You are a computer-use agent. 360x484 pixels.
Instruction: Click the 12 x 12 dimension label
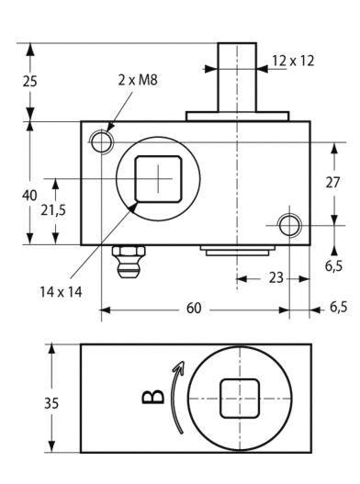(293, 61)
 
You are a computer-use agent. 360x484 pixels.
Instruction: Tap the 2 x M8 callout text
(138, 80)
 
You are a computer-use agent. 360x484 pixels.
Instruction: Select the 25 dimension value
(30, 81)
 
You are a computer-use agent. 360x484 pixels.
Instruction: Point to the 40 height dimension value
(29, 196)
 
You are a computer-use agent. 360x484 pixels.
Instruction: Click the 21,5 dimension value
(53, 210)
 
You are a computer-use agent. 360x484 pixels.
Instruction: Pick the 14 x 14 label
(61, 292)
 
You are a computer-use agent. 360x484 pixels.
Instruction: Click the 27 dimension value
(332, 183)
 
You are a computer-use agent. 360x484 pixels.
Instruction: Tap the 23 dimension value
(276, 277)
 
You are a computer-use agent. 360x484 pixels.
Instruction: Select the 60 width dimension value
(194, 308)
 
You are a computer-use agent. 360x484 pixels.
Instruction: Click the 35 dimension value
(51, 403)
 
